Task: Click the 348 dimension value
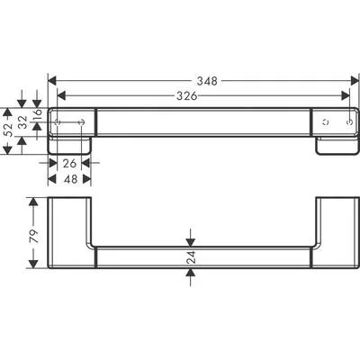[x=207, y=81]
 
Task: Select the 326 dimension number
[x=187, y=96]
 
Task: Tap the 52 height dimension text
[x=9, y=130]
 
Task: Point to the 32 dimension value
[x=22, y=122]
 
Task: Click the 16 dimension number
[x=37, y=115]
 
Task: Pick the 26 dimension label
[x=69, y=164]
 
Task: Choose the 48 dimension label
[x=70, y=179]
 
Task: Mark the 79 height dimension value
[x=34, y=237]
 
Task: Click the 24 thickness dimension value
[x=191, y=257]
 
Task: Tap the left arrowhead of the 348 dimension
[x=52, y=81]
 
